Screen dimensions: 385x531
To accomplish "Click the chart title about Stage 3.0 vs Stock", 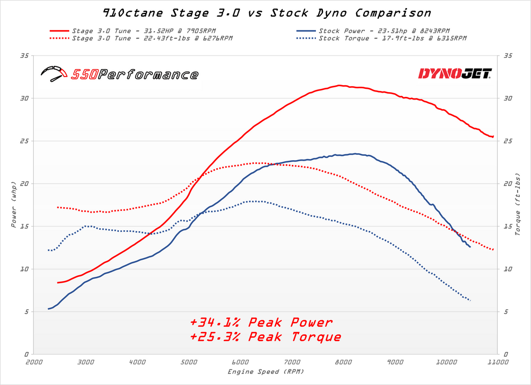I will [x=266, y=12].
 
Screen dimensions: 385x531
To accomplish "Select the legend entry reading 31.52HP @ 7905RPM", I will [x=143, y=31].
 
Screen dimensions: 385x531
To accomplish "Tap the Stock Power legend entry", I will [x=383, y=31].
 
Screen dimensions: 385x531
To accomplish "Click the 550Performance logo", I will [x=120, y=74].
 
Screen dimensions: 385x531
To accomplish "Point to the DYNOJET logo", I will [x=454, y=73].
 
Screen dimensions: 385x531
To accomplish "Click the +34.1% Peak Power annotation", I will [x=261, y=322].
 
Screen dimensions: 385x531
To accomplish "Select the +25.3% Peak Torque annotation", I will [x=265, y=337].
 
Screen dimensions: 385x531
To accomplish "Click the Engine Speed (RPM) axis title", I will [x=265, y=371].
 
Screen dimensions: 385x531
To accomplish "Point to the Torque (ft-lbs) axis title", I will [x=518, y=204].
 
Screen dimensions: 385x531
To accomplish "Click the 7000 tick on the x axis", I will [x=292, y=363].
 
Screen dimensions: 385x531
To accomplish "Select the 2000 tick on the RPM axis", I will [x=34, y=363].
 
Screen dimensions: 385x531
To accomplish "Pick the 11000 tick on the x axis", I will [x=498, y=363].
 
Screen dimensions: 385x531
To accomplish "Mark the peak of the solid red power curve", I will [x=339, y=85].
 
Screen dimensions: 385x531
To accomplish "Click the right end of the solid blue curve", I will [x=470, y=247].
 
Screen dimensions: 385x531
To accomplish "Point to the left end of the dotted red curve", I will [x=57, y=207].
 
